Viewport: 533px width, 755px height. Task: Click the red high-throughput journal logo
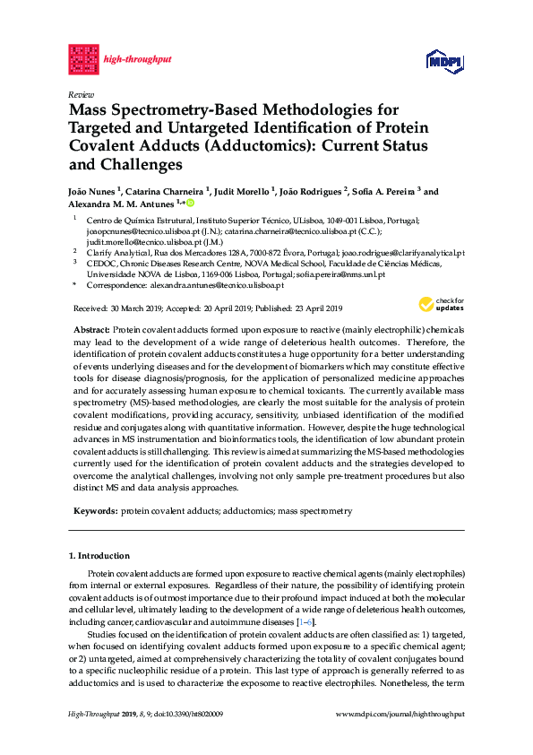pos(83,59)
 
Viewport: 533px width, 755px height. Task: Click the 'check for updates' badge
pos(442,304)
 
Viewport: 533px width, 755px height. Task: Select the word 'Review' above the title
pos(81,93)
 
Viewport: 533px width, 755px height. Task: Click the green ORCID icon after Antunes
pos(190,204)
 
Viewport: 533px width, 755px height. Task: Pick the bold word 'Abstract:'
pos(92,331)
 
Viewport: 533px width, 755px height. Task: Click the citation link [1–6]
pos(305,622)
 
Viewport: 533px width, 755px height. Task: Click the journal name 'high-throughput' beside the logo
pos(137,60)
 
